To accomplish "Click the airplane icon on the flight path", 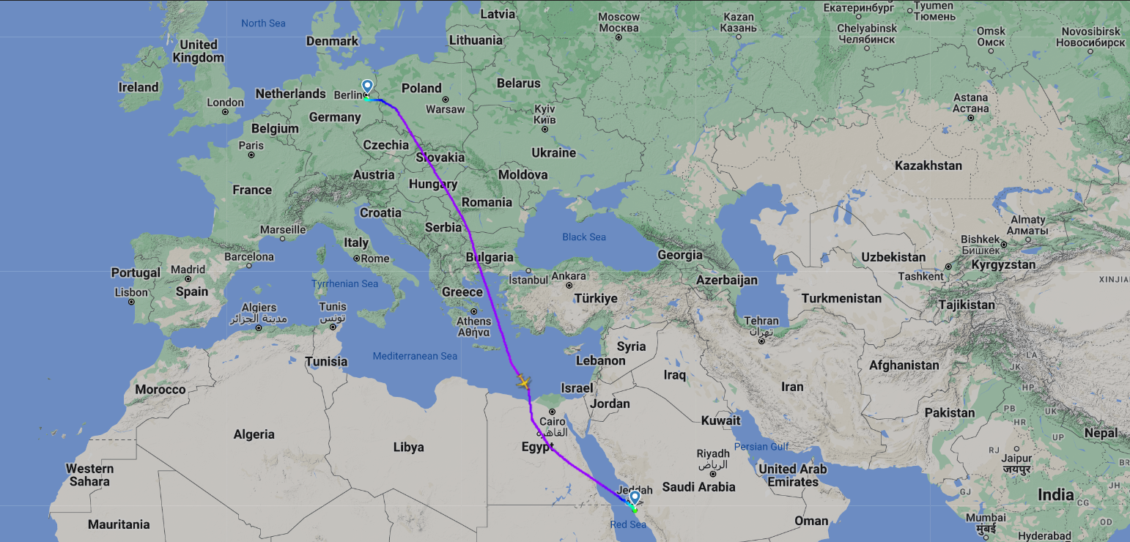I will click(x=523, y=382).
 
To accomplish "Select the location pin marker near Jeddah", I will click(x=635, y=498).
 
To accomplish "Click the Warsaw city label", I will click(x=446, y=109).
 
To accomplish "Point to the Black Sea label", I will click(x=584, y=237).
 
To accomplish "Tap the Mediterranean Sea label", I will click(x=415, y=356).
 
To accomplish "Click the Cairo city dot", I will click(x=553, y=412).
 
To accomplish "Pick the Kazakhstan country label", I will click(x=928, y=166).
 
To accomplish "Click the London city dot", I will click(x=226, y=112).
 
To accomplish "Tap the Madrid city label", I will click(x=188, y=270).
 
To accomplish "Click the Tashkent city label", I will click(x=920, y=276).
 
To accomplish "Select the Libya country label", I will click(x=408, y=447).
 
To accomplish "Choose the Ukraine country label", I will click(x=553, y=153).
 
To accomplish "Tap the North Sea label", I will click(x=263, y=23).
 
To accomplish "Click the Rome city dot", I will click(x=357, y=259).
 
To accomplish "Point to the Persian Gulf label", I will click(x=761, y=446).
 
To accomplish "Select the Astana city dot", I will click(x=971, y=117).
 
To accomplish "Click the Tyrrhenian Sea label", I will click(x=344, y=283).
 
